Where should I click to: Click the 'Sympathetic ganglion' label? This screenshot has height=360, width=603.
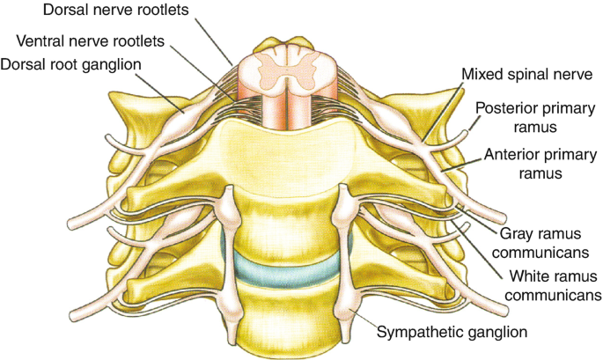[x=452, y=332]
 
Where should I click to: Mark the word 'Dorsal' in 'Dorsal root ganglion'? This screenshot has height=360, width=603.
[x=26, y=64]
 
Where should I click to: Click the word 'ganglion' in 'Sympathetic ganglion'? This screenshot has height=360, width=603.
[x=497, y=333]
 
